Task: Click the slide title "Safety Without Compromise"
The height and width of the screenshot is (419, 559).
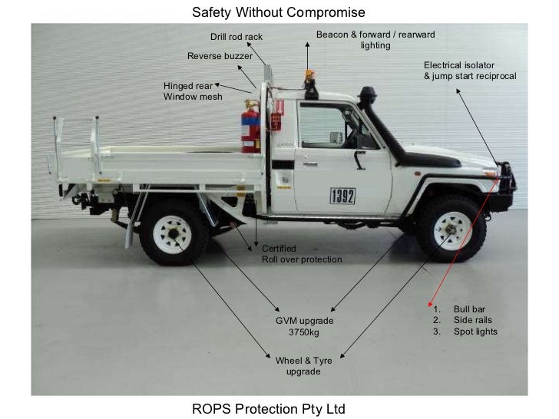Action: click(x=279, y=12)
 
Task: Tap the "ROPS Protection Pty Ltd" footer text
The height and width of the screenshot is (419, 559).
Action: click(x=269, y=407)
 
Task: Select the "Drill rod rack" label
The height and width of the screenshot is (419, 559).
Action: click(x=237, y=37)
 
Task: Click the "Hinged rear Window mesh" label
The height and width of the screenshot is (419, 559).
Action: click(x=193, y=91)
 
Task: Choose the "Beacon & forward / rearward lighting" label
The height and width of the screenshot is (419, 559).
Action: click(x=375, y=40)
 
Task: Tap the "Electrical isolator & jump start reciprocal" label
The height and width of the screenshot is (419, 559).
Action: click(x=470, y=71)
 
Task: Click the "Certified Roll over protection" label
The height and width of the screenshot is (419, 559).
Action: click(x=302, y=254)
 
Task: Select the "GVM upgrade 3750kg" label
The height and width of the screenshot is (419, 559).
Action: click(x=305, y=325)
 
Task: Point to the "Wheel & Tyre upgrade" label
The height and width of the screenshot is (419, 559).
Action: click(x=303, y=365)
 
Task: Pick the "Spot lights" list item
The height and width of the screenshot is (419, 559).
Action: click(x=475, y=332)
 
